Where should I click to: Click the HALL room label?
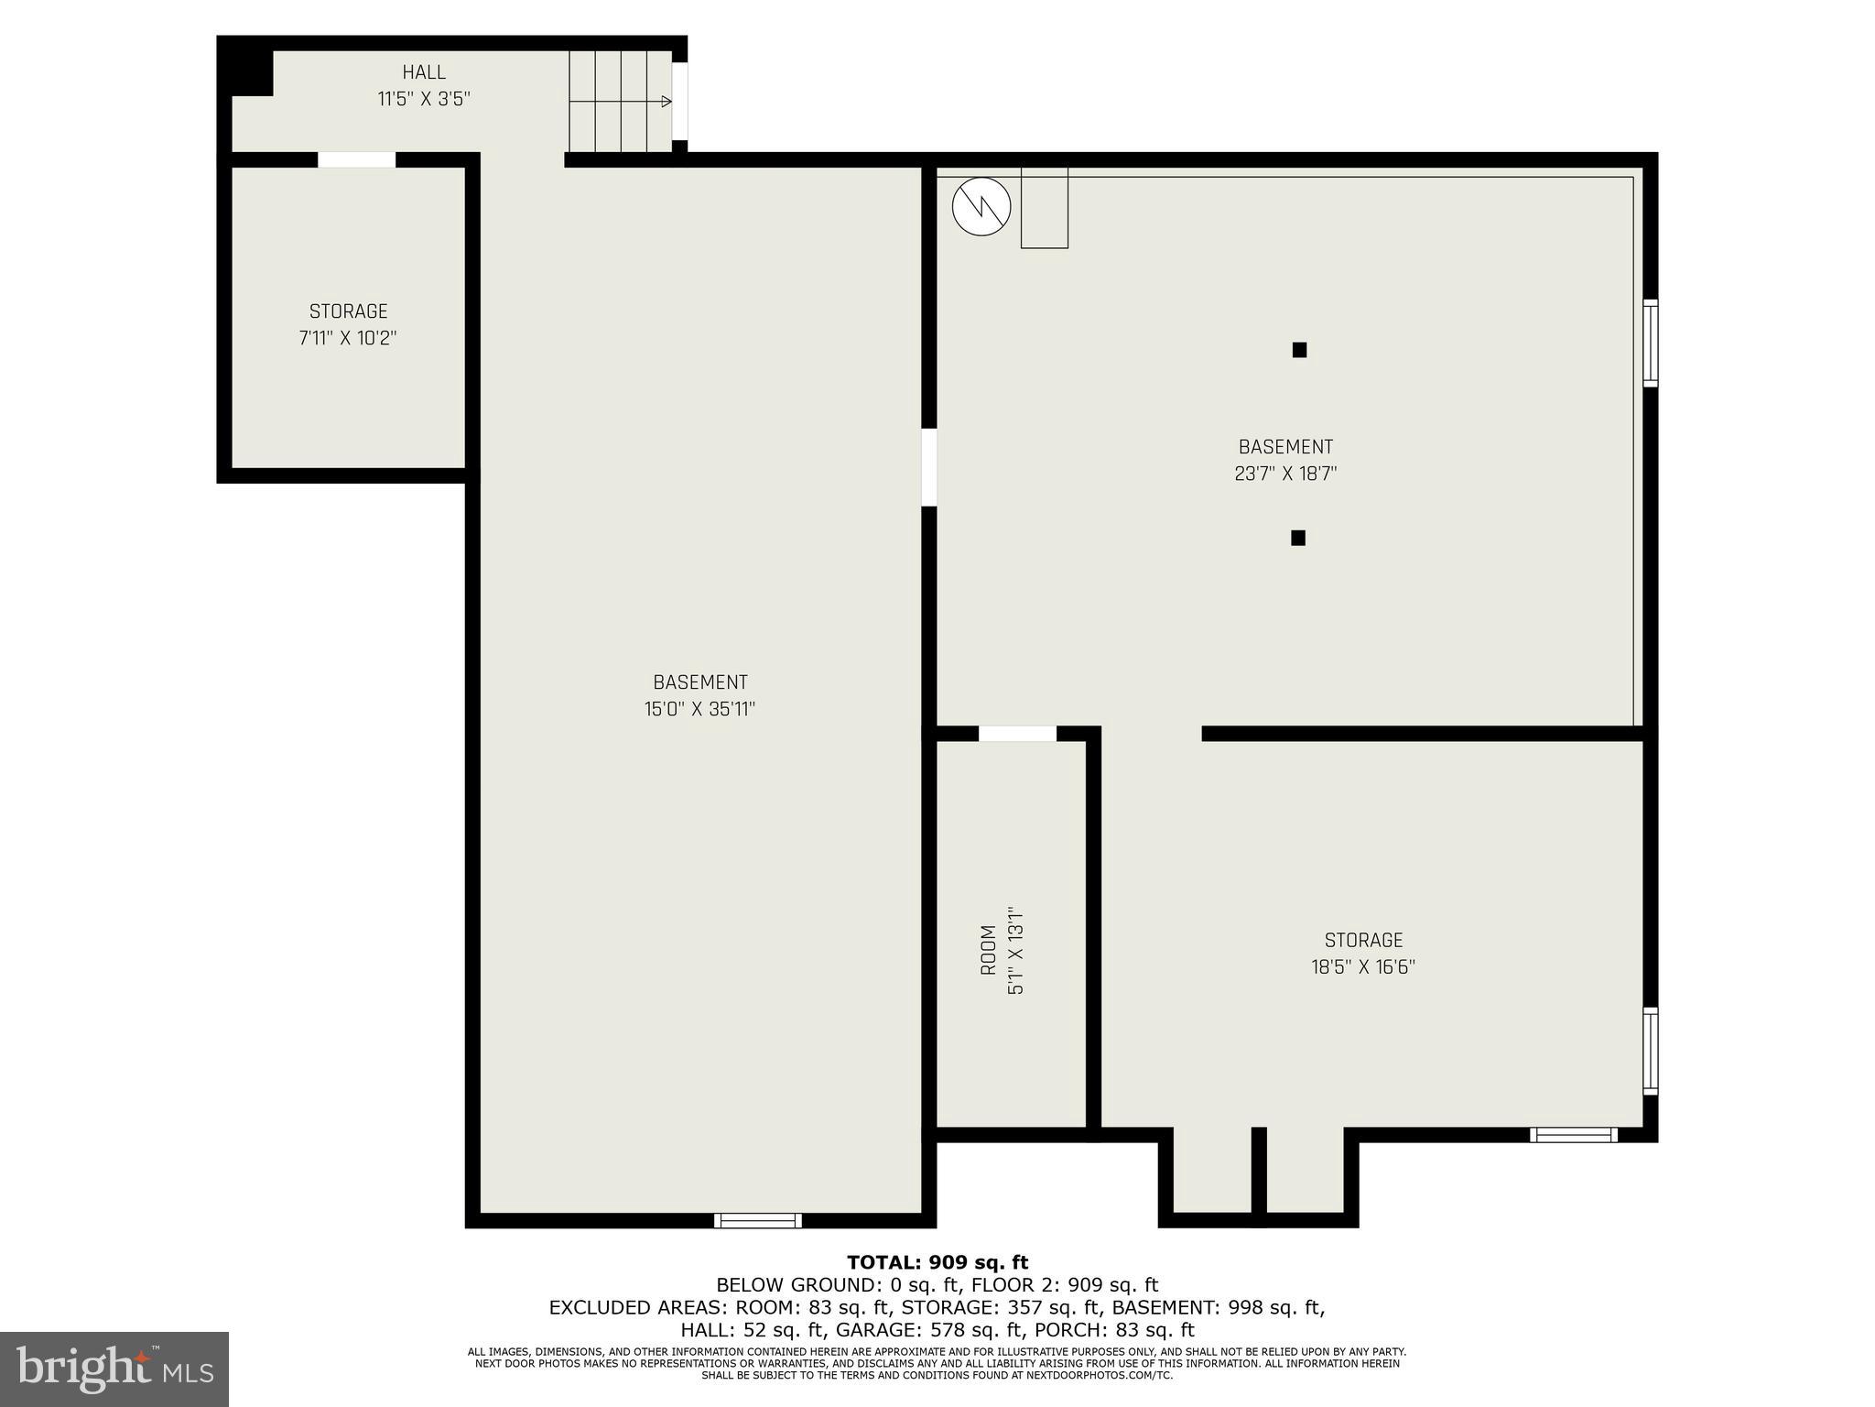(x=424, y=72)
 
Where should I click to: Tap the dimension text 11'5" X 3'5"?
(x=424, y=99)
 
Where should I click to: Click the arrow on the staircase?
(x=665, y=102)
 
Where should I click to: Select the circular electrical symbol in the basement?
(x=981, y=207)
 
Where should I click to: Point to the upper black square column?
(x=1299, y=350)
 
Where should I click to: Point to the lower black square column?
(x=1297, y=538)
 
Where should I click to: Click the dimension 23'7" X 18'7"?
(x=1285, y=474)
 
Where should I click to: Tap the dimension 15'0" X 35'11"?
(x=699, y=709)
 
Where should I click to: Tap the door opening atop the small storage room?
(x=356, y=159)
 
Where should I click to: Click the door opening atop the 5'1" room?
(x=1017, y=734)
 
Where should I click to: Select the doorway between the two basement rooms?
(x=928, y=467)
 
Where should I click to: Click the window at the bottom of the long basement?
(x=757, y=1220)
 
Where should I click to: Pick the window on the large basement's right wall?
(x=1650, y=343)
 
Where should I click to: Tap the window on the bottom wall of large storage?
(x=1573, y=1135)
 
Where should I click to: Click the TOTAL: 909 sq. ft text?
(x=937, y=1263)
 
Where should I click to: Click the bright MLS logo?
(x=114, y=1369)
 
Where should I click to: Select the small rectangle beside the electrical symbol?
(x=1044, y=208)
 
